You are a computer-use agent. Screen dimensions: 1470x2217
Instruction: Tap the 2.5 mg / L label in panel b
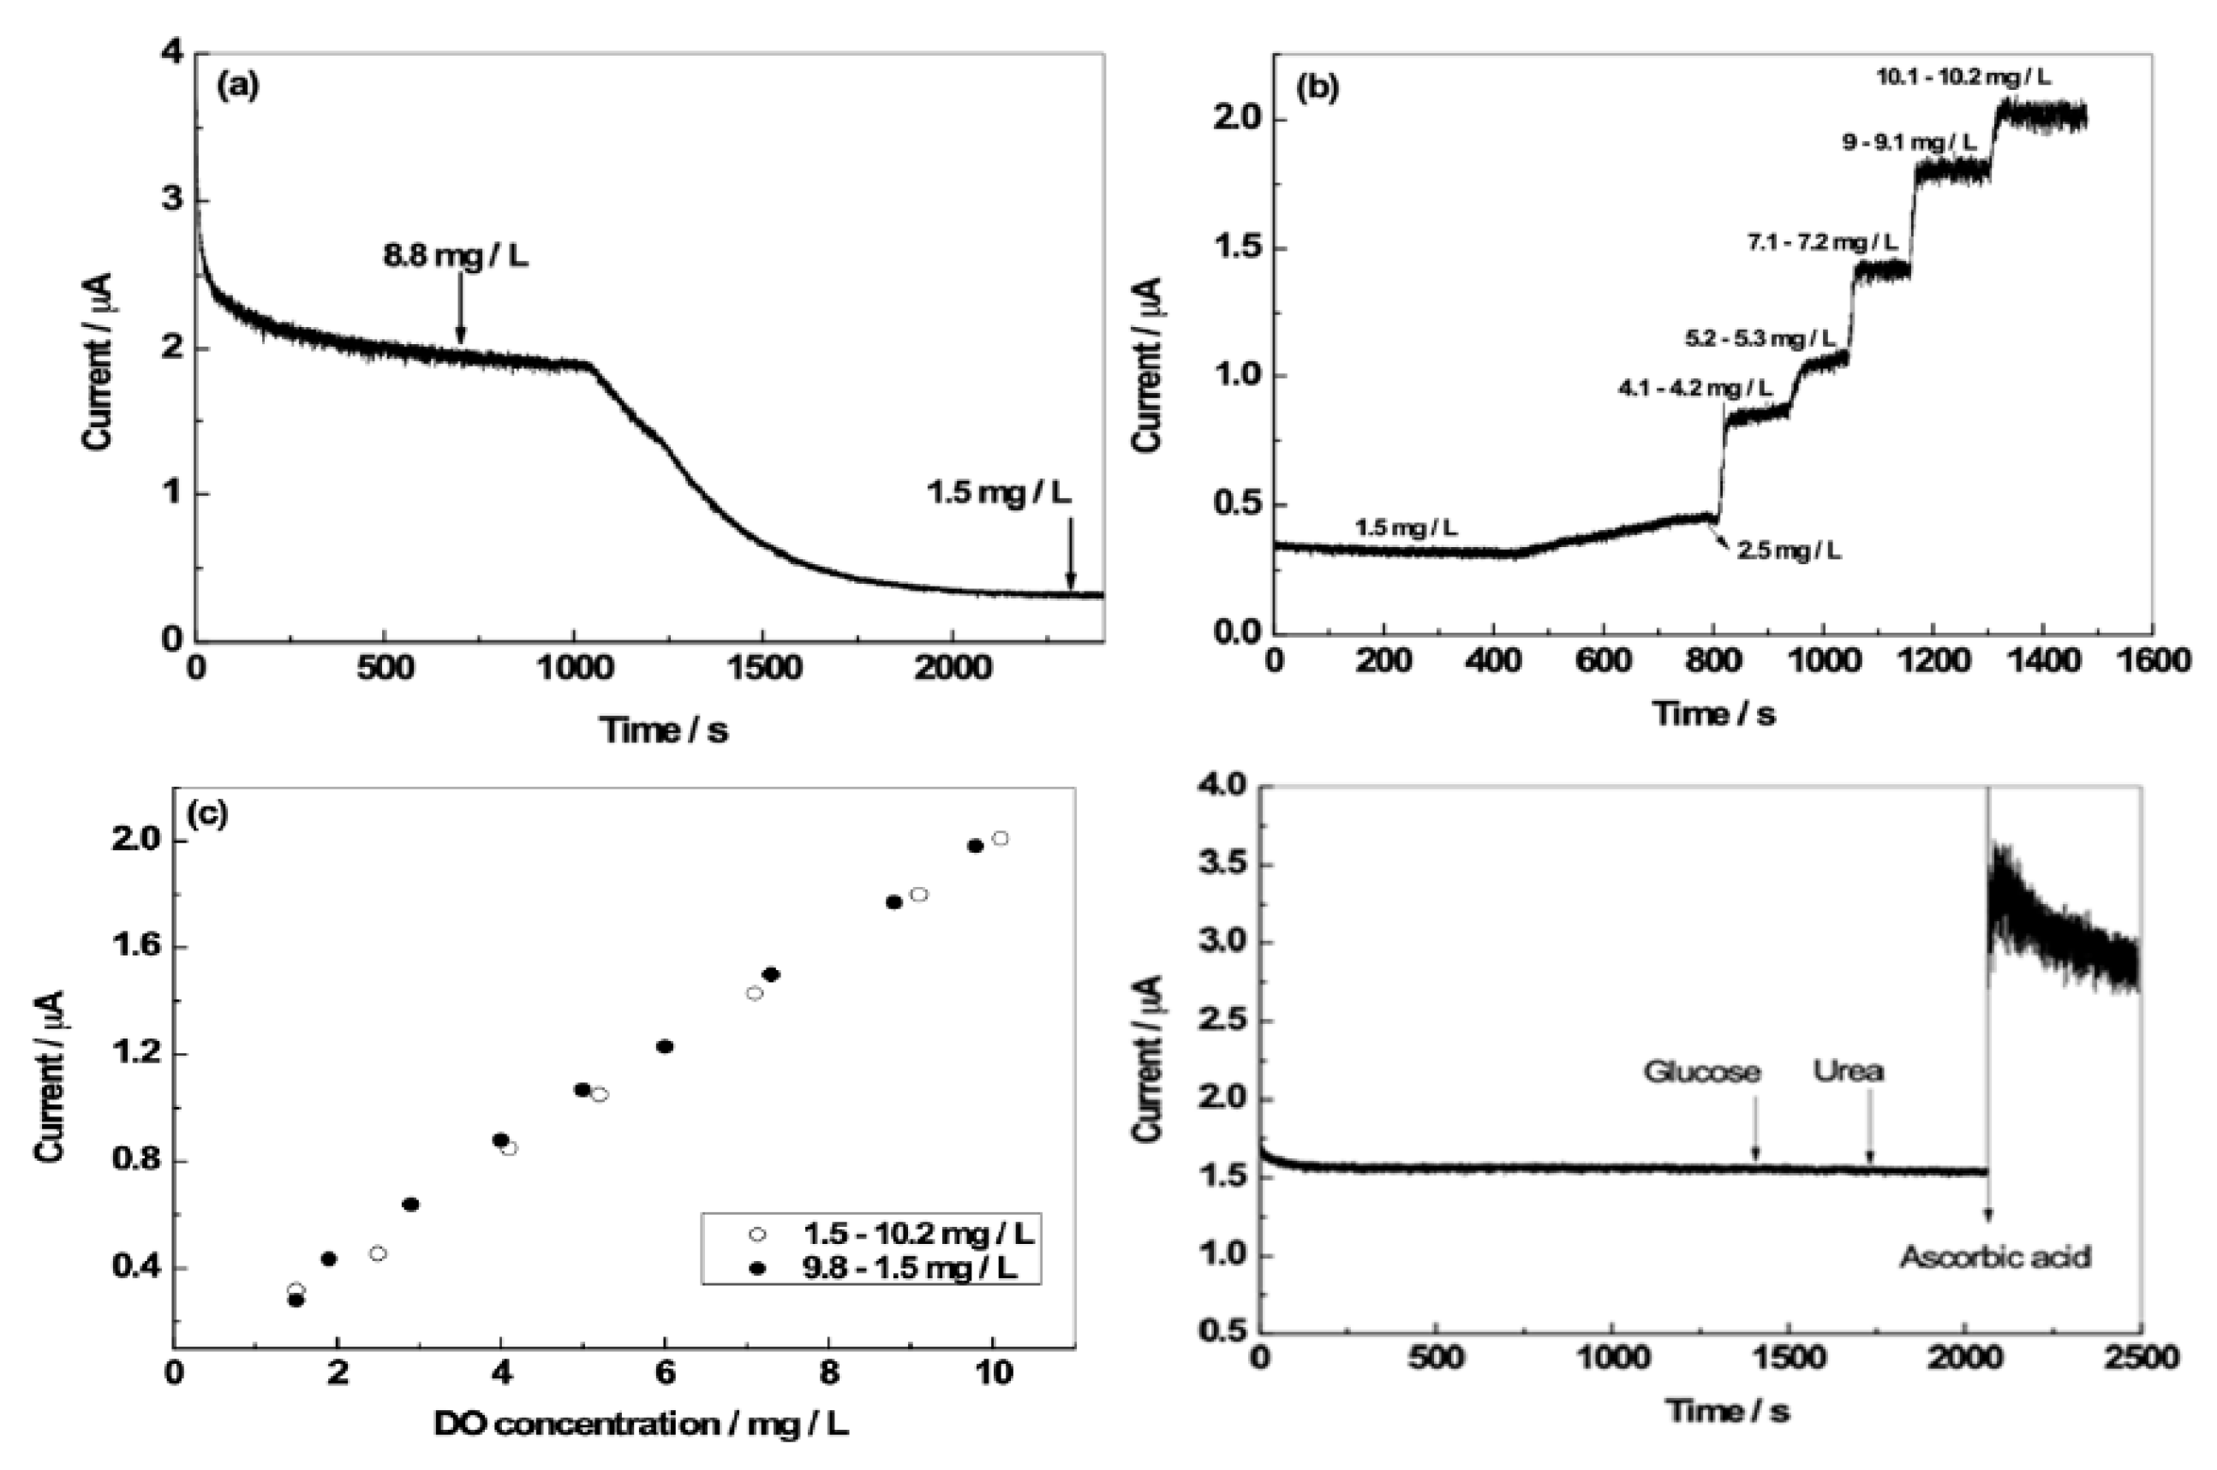click(x=1789, y=551)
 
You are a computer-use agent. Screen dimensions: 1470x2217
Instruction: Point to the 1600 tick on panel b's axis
click(x=2151, y=660)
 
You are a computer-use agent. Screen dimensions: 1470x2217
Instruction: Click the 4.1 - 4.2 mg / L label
click(x=1694, y=388)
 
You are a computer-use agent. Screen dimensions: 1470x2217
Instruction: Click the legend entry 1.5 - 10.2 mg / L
click(x=917, y=1234)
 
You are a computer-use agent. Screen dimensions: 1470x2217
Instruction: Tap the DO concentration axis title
click(x=642, y=1425)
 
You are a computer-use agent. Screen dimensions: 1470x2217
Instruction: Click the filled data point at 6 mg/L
click(x=665, y=1046)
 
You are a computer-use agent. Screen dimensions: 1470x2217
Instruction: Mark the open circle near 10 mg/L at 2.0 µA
click(x=1001, y=838)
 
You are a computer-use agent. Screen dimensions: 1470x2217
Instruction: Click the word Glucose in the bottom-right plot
click(x=1701, y=1072)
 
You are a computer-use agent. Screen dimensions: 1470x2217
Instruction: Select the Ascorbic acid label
click(x=1995, y=1256)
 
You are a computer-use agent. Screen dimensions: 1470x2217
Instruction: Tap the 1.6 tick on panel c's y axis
click(x=136, y=947)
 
